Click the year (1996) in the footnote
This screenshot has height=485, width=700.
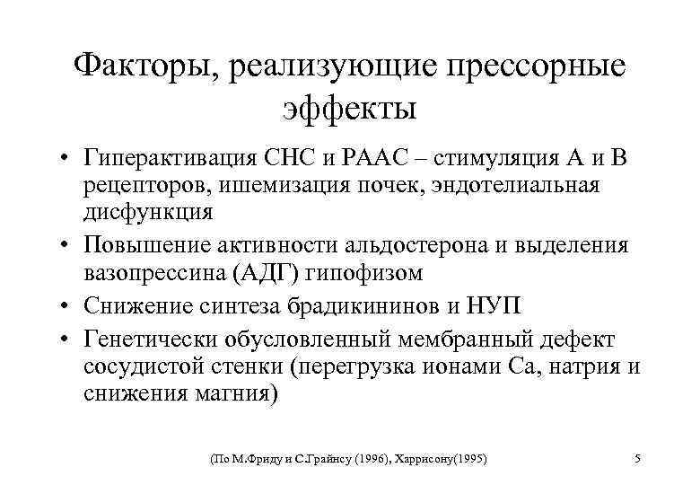(x=377, y=459)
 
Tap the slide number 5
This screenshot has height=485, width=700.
(x=636, y=459)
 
